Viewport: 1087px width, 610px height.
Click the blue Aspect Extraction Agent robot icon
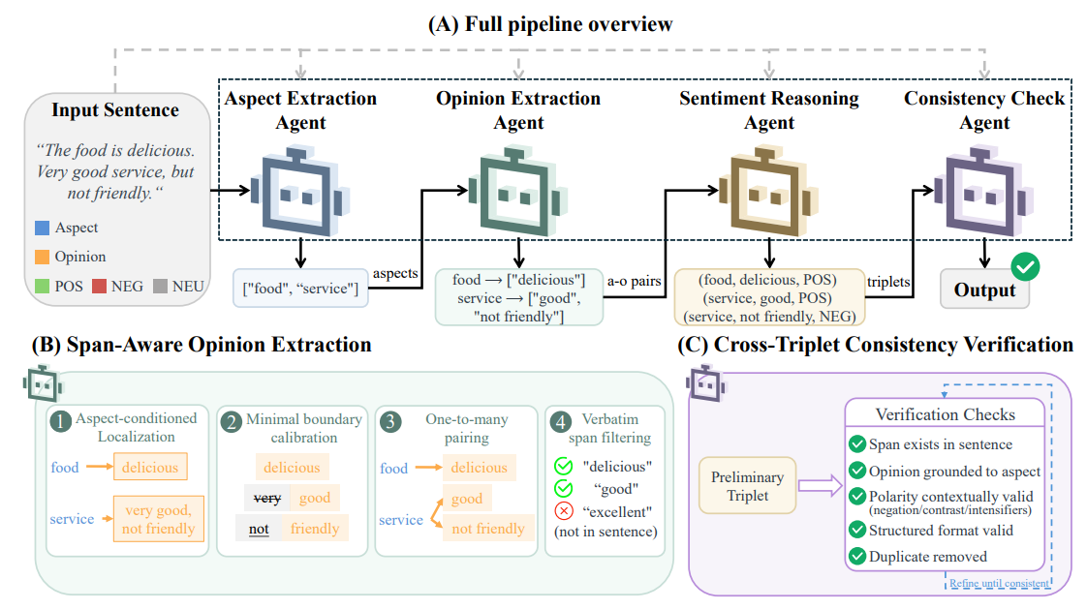pos(300,191)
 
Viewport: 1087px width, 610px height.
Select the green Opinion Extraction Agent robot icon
pos(518,191)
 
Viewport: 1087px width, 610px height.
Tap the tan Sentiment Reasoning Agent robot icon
pos(769,191)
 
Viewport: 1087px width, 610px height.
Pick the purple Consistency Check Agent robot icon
pos(984,191)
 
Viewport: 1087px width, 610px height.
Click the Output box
pos(984,290)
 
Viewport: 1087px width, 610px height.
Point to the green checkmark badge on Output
pos(1025,267)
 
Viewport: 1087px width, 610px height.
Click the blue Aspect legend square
pos(43,229)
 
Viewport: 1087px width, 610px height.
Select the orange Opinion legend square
pos(43,258)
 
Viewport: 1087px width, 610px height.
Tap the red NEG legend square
pos(99,287)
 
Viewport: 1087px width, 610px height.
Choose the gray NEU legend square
pos(160,287)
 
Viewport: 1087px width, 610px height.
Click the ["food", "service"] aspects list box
pos(300,289)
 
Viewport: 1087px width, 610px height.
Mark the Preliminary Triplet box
pos(747,486)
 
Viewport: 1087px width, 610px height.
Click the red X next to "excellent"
pos(564,511)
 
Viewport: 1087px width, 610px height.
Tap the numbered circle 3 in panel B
pos(390,422)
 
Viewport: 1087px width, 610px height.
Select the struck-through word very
pos(266,498)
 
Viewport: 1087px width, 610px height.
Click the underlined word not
pos(259,529)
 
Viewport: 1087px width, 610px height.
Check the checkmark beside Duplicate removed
pos(857,556)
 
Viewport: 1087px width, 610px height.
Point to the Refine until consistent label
pos(1000,584)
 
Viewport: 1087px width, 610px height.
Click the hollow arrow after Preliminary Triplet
pos(820,485)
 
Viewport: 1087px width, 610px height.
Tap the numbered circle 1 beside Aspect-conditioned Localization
pos(61,421)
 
